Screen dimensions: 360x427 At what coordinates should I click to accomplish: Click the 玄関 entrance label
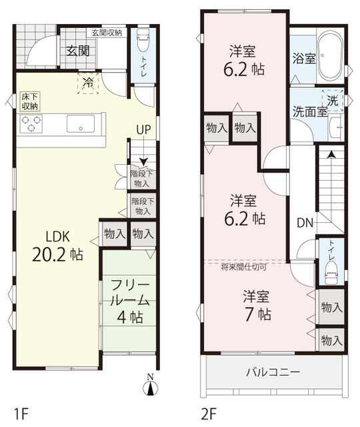78,51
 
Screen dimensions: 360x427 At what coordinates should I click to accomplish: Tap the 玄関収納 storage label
107,33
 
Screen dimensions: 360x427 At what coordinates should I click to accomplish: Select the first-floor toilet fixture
143,40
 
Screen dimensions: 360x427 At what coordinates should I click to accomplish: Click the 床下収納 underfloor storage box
30,101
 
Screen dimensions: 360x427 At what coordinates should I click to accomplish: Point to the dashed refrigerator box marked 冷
88,83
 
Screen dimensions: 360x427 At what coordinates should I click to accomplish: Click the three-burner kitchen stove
32,123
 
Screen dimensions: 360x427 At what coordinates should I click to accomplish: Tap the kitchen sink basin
81,123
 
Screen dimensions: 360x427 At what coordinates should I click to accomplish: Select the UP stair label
143,129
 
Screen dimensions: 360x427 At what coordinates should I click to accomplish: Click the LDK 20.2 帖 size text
58,246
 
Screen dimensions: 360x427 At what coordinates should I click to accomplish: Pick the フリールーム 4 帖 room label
131,302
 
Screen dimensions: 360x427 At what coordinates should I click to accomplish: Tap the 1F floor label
21,414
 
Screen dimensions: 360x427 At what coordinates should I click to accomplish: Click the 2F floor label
209,414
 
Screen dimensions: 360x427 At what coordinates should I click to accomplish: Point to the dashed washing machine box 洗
333,100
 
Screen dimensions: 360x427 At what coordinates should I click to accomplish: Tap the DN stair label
305,224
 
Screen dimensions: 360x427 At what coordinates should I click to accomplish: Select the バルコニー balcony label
273,372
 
